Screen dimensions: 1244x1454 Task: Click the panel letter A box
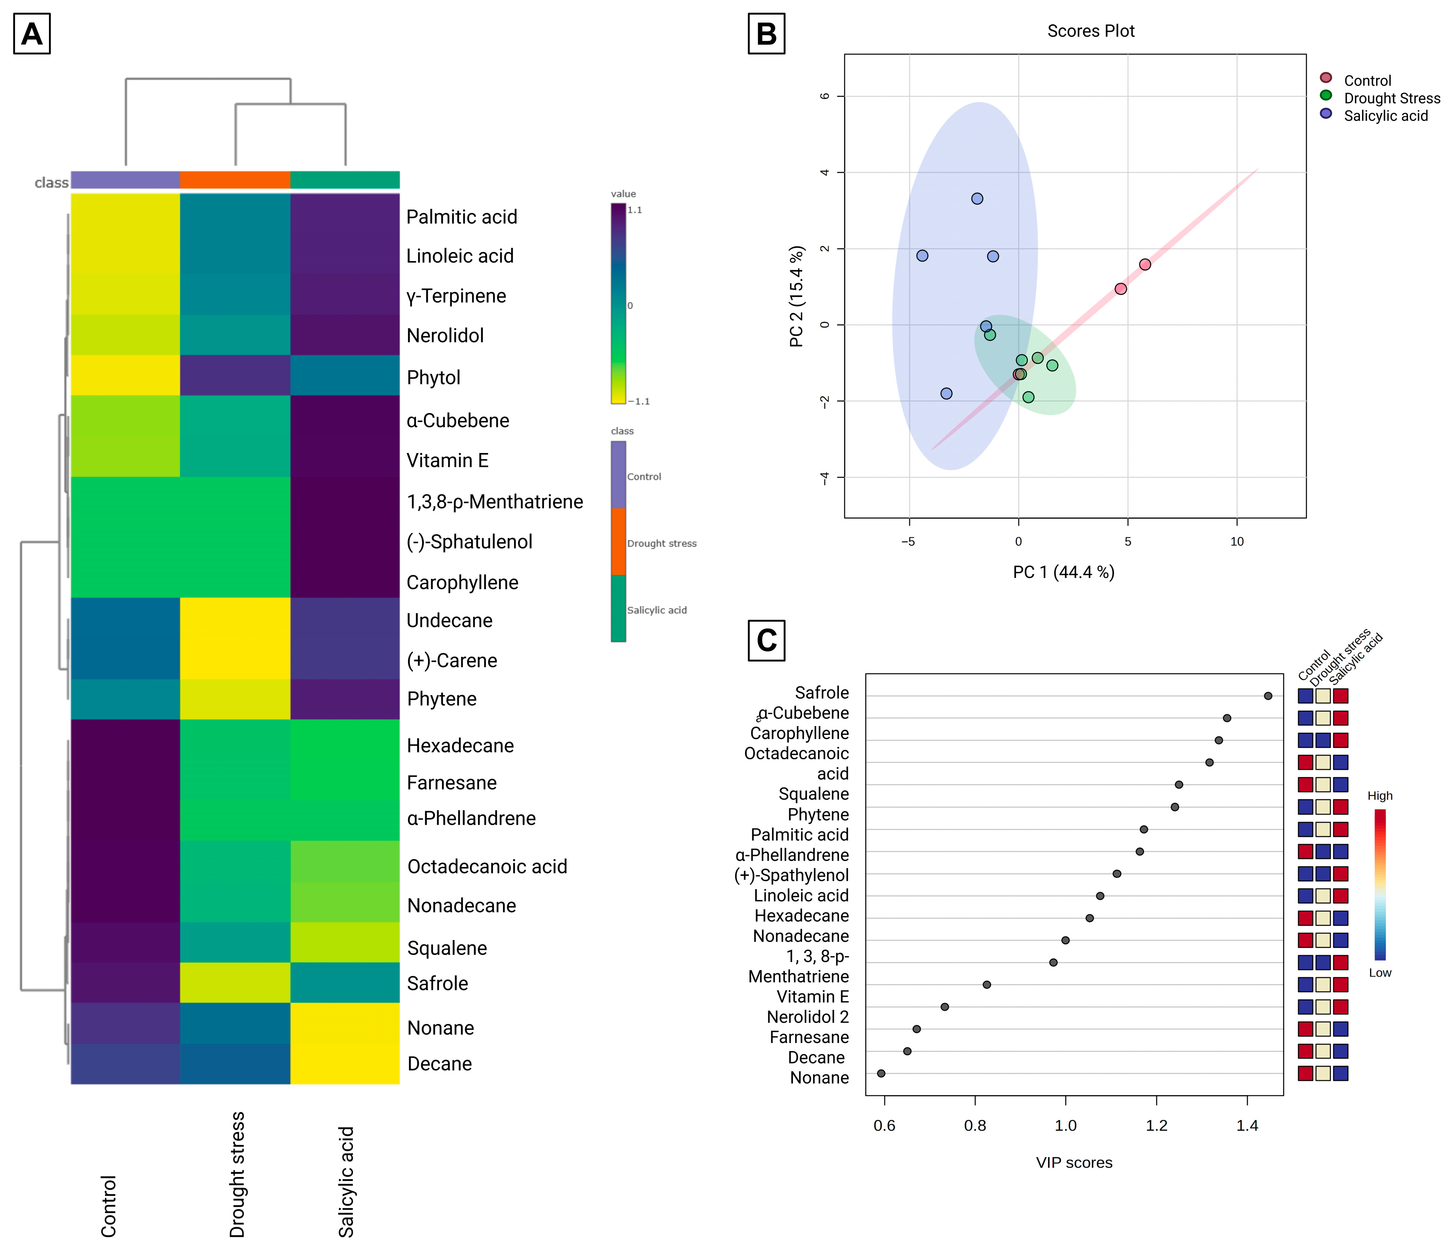click(x=32, y=34)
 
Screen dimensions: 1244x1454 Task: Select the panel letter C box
click(x=766, y=640)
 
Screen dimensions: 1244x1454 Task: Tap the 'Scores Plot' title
click(x=1090, y=31)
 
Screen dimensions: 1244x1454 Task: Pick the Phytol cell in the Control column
click(x=126, y=375)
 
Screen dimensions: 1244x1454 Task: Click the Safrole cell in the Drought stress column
click(x=235, y=983)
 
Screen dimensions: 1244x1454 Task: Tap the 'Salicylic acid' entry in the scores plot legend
click(x=1385, y=116)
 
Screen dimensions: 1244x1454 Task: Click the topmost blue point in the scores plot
click(x=977, y=198)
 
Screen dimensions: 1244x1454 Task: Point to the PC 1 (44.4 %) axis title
click(x=1063, y=572)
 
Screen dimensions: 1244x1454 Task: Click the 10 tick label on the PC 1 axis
click(x=1237, y=542)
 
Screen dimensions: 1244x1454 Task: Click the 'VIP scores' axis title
click(x=1074, y=1163)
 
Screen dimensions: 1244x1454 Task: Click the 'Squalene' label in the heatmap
click(x=447, y=948)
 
